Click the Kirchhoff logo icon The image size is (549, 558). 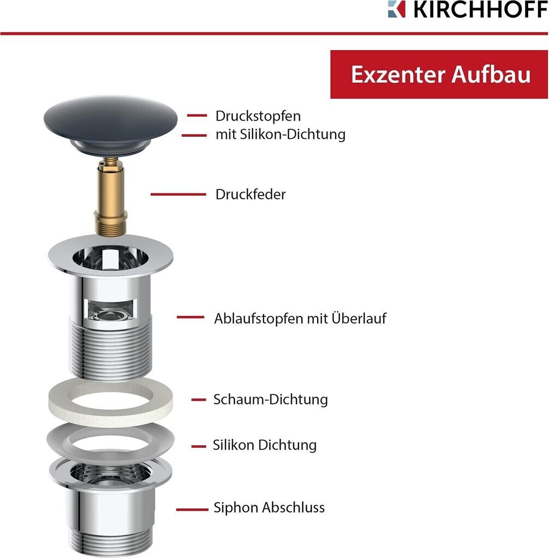click(x=396, y=9)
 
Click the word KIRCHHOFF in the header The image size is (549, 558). click(x=480, y=9)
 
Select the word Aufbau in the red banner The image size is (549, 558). click(x=492, y=74)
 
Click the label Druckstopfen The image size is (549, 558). click(x=258, y=116)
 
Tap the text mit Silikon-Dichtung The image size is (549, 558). click(x=281, y=135)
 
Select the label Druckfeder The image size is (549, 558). click(x=250, y=195)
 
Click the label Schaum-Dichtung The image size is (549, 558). click(x=271, y=399)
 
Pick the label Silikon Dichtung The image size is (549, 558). click(x=265, y=445)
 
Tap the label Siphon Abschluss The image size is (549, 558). click(x=269, y=507)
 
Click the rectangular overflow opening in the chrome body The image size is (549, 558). click(x=110, y=310)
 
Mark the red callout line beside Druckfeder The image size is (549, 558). click(x=178, y=195)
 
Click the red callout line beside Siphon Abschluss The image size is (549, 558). click(x=192, y=510)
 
